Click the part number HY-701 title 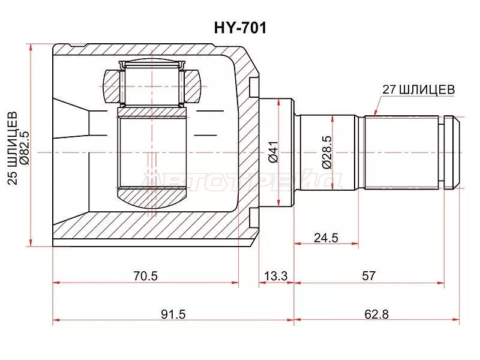(240, 28)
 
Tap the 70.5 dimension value (145, 276)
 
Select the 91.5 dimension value (173, 314)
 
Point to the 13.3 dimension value (276, 276)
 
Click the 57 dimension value (368, 276)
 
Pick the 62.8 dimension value (376, 314)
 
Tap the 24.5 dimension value (326, 238)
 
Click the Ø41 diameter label (273, 152)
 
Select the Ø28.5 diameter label (326, 152)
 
